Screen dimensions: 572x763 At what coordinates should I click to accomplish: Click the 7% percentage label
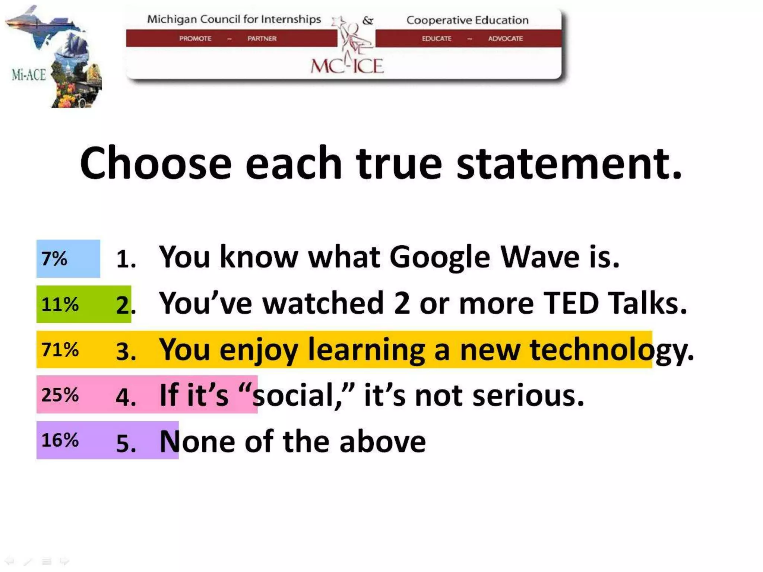coord(54,259)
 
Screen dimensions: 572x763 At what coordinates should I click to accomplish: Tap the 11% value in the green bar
coord(60,305)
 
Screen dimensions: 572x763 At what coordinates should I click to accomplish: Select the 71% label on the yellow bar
coord(60,350)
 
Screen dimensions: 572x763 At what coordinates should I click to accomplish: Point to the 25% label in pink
coord(60,395)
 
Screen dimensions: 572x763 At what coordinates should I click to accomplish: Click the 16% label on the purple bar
coord(60,441)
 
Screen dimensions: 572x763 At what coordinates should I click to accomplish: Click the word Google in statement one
coord(440,258)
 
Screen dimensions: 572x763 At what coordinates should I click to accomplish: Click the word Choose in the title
coord(156,164)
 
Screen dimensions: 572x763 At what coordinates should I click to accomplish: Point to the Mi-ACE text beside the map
coord(29,75)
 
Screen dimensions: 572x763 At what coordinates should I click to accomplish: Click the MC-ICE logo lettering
coord(347,66)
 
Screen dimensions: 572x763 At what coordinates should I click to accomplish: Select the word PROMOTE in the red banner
coord(195,38)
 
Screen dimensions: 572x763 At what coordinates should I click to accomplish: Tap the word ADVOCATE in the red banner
coord(506,38)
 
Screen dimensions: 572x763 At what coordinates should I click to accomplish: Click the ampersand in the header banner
coord(368,20)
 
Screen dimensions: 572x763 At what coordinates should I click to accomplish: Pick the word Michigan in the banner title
coord(172,19)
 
